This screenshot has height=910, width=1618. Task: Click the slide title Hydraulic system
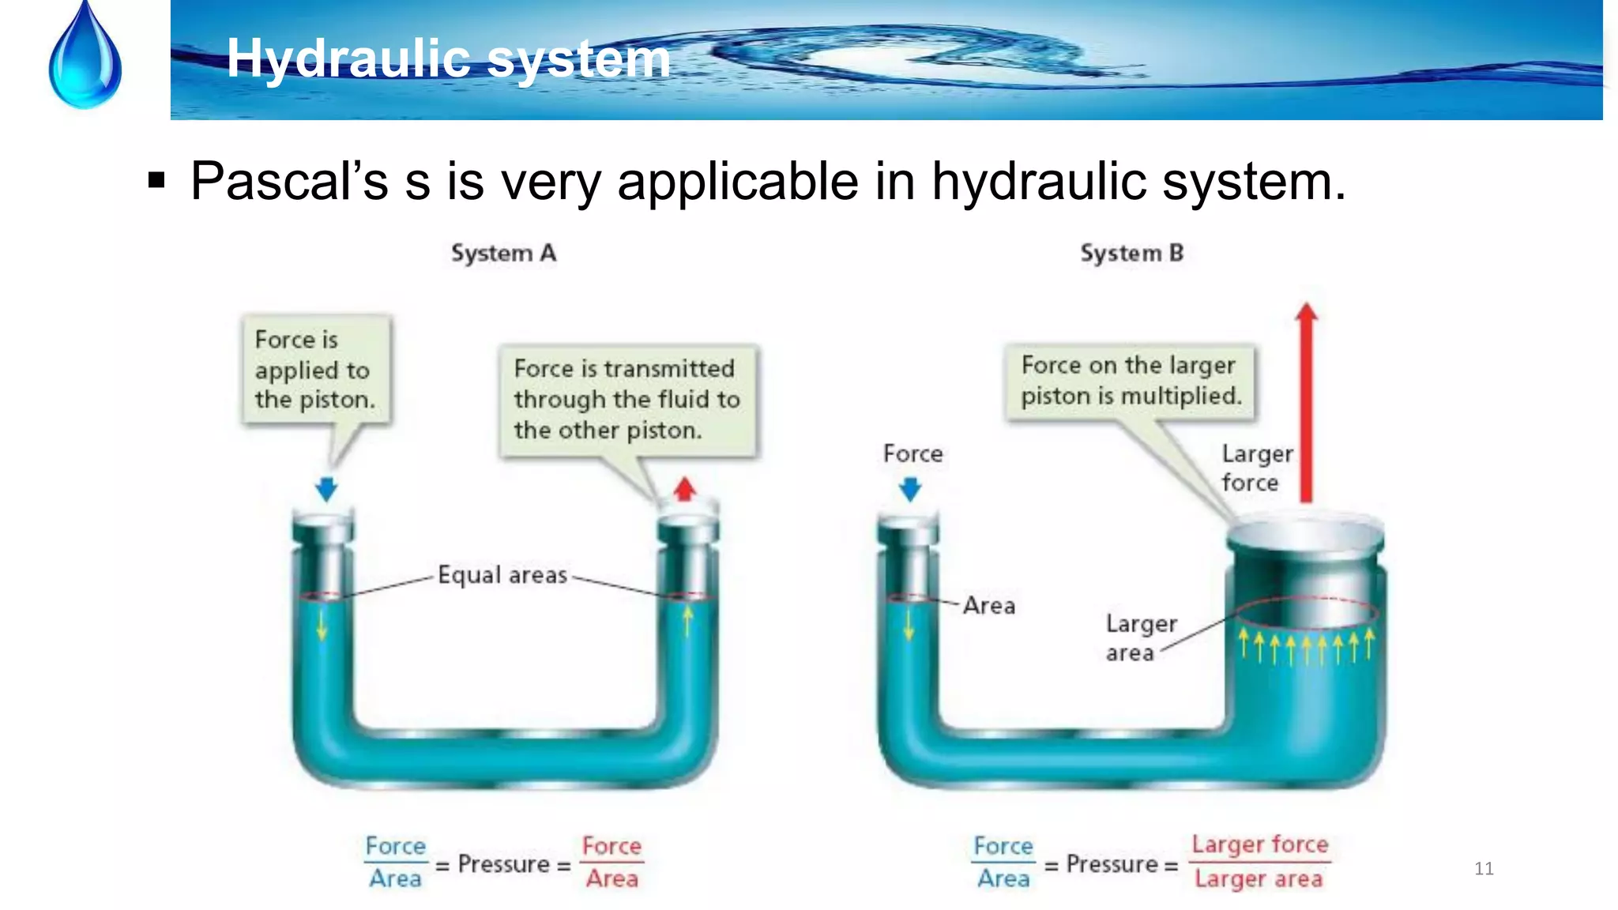coord(448,58)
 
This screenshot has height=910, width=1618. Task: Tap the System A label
coord(503,254)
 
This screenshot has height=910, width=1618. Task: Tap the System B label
coord(1131,254)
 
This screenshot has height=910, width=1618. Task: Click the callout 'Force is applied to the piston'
coord(314,370)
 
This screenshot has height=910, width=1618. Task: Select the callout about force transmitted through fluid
coord(627,400)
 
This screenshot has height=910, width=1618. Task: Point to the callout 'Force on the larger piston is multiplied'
coord(1130,381)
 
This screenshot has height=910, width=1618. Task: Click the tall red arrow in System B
coord(1306,403)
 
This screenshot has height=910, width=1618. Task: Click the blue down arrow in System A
coord(326,488)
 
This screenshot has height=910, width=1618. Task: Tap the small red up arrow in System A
coord(685,489)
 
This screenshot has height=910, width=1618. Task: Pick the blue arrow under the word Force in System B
coord(911,489)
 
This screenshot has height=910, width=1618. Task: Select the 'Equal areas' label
coord(502,575)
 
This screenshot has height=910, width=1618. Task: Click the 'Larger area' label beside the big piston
coord(1140,638)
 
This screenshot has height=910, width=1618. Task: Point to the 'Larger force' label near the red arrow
coord(1256,468)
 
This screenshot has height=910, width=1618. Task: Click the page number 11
coord(1484,869)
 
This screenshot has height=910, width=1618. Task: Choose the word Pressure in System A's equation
coord(503,864)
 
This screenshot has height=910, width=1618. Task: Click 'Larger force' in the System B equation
coord(1259,844)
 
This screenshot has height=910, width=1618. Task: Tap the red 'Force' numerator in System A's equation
coord(611,846)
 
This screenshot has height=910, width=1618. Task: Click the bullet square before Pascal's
coord(156,182)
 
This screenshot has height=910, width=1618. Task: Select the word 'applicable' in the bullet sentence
coord(737,182)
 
